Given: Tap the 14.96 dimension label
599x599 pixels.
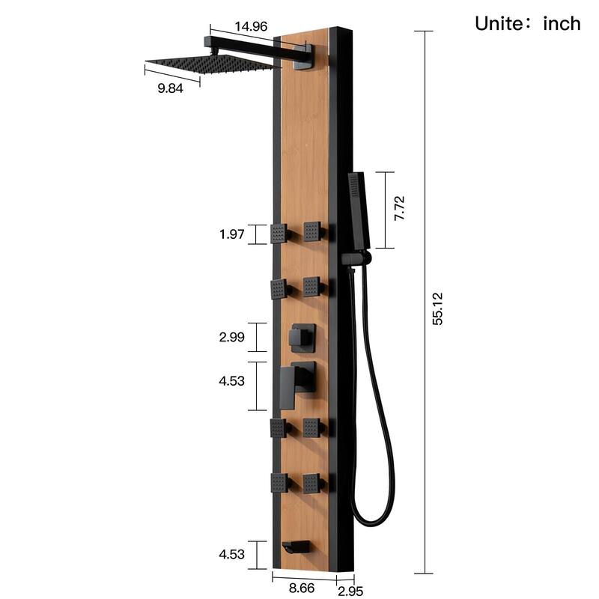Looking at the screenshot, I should click(x=251, y=26).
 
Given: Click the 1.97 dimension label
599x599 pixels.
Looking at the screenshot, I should click(x=232, y=234).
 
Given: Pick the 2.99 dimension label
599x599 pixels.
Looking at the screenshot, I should click(x=232, y=337).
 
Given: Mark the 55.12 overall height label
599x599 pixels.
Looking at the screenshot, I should click(x=439, y=308).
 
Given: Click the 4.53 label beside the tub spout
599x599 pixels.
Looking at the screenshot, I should click(x=232, y=555).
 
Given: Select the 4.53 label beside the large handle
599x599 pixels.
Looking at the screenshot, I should click(x=232, y=381).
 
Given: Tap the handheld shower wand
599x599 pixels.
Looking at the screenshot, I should click(x=359, y=210).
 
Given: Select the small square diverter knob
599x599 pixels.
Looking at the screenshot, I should click(x=302, y=338).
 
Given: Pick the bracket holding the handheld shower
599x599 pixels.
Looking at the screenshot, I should click(x=355, y=258).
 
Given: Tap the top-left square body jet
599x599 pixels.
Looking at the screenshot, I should click(x=280, y=234).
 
